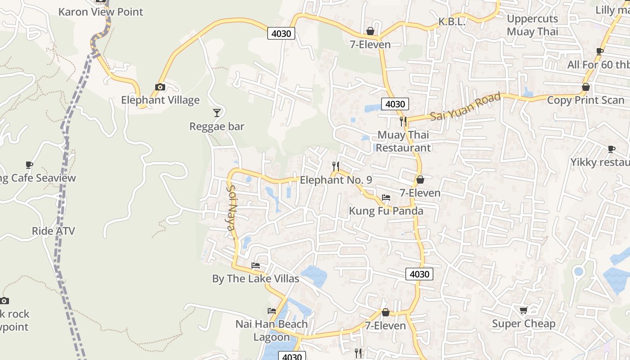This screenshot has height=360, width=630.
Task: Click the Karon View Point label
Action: [101, 12]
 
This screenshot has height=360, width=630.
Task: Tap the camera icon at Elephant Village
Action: [160, 87]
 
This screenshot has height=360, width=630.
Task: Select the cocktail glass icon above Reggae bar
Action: [217, 112]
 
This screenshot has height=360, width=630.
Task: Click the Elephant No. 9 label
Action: [336, 180]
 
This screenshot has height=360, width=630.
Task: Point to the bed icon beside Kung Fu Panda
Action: [386, 198]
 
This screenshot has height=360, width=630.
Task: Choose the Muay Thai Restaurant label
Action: [403, 141]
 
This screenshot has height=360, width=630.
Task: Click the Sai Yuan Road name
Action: [465, 107]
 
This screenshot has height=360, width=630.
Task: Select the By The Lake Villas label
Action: [256, 279]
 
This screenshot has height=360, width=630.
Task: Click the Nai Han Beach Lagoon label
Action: [272, 330]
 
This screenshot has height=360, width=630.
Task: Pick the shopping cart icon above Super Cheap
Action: [523, 310]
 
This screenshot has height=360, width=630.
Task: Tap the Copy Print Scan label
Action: [585, 100]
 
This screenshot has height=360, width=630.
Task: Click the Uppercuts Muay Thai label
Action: [532, 25]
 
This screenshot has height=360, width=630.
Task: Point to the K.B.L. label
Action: [451, 22]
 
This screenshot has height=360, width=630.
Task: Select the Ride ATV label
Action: [53, 231]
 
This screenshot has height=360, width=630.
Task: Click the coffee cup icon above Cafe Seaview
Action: [29, 165]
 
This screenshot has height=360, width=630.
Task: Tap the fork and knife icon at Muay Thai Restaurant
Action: [403, 121]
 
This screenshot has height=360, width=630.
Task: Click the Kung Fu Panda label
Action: [386, 211]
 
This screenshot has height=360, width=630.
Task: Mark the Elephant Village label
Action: [160, 100]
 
